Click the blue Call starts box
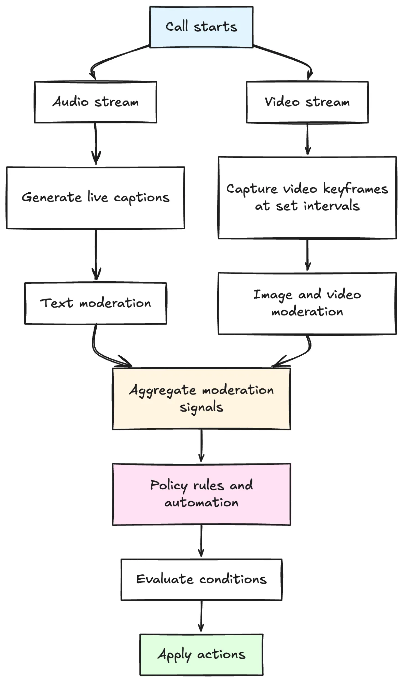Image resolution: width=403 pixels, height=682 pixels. click(x=201, y=27)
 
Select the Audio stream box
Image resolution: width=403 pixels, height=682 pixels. click(x=96, y=102)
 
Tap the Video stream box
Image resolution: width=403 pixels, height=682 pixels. click(x=307, y=102)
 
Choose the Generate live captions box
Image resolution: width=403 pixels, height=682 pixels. click(x=96, y=198)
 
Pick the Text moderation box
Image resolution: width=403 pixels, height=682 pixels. click(x=96, y=303)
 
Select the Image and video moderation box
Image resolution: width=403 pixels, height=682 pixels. click(x=307, y=303)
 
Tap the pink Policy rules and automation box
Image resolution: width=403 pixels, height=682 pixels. click(x=201, y=494)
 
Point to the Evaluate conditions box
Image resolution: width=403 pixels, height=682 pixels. click(x=201, y=579)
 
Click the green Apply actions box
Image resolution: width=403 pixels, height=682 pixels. click(x=201, y=654)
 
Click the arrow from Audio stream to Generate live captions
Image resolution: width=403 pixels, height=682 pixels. click(x=96, y=143)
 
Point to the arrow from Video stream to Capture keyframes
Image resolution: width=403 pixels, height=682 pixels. click(x=307, y=138)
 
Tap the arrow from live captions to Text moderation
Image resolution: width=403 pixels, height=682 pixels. click(x=96, y=254)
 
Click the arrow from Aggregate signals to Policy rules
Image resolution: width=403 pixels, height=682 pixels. click(x=201, y=445)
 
